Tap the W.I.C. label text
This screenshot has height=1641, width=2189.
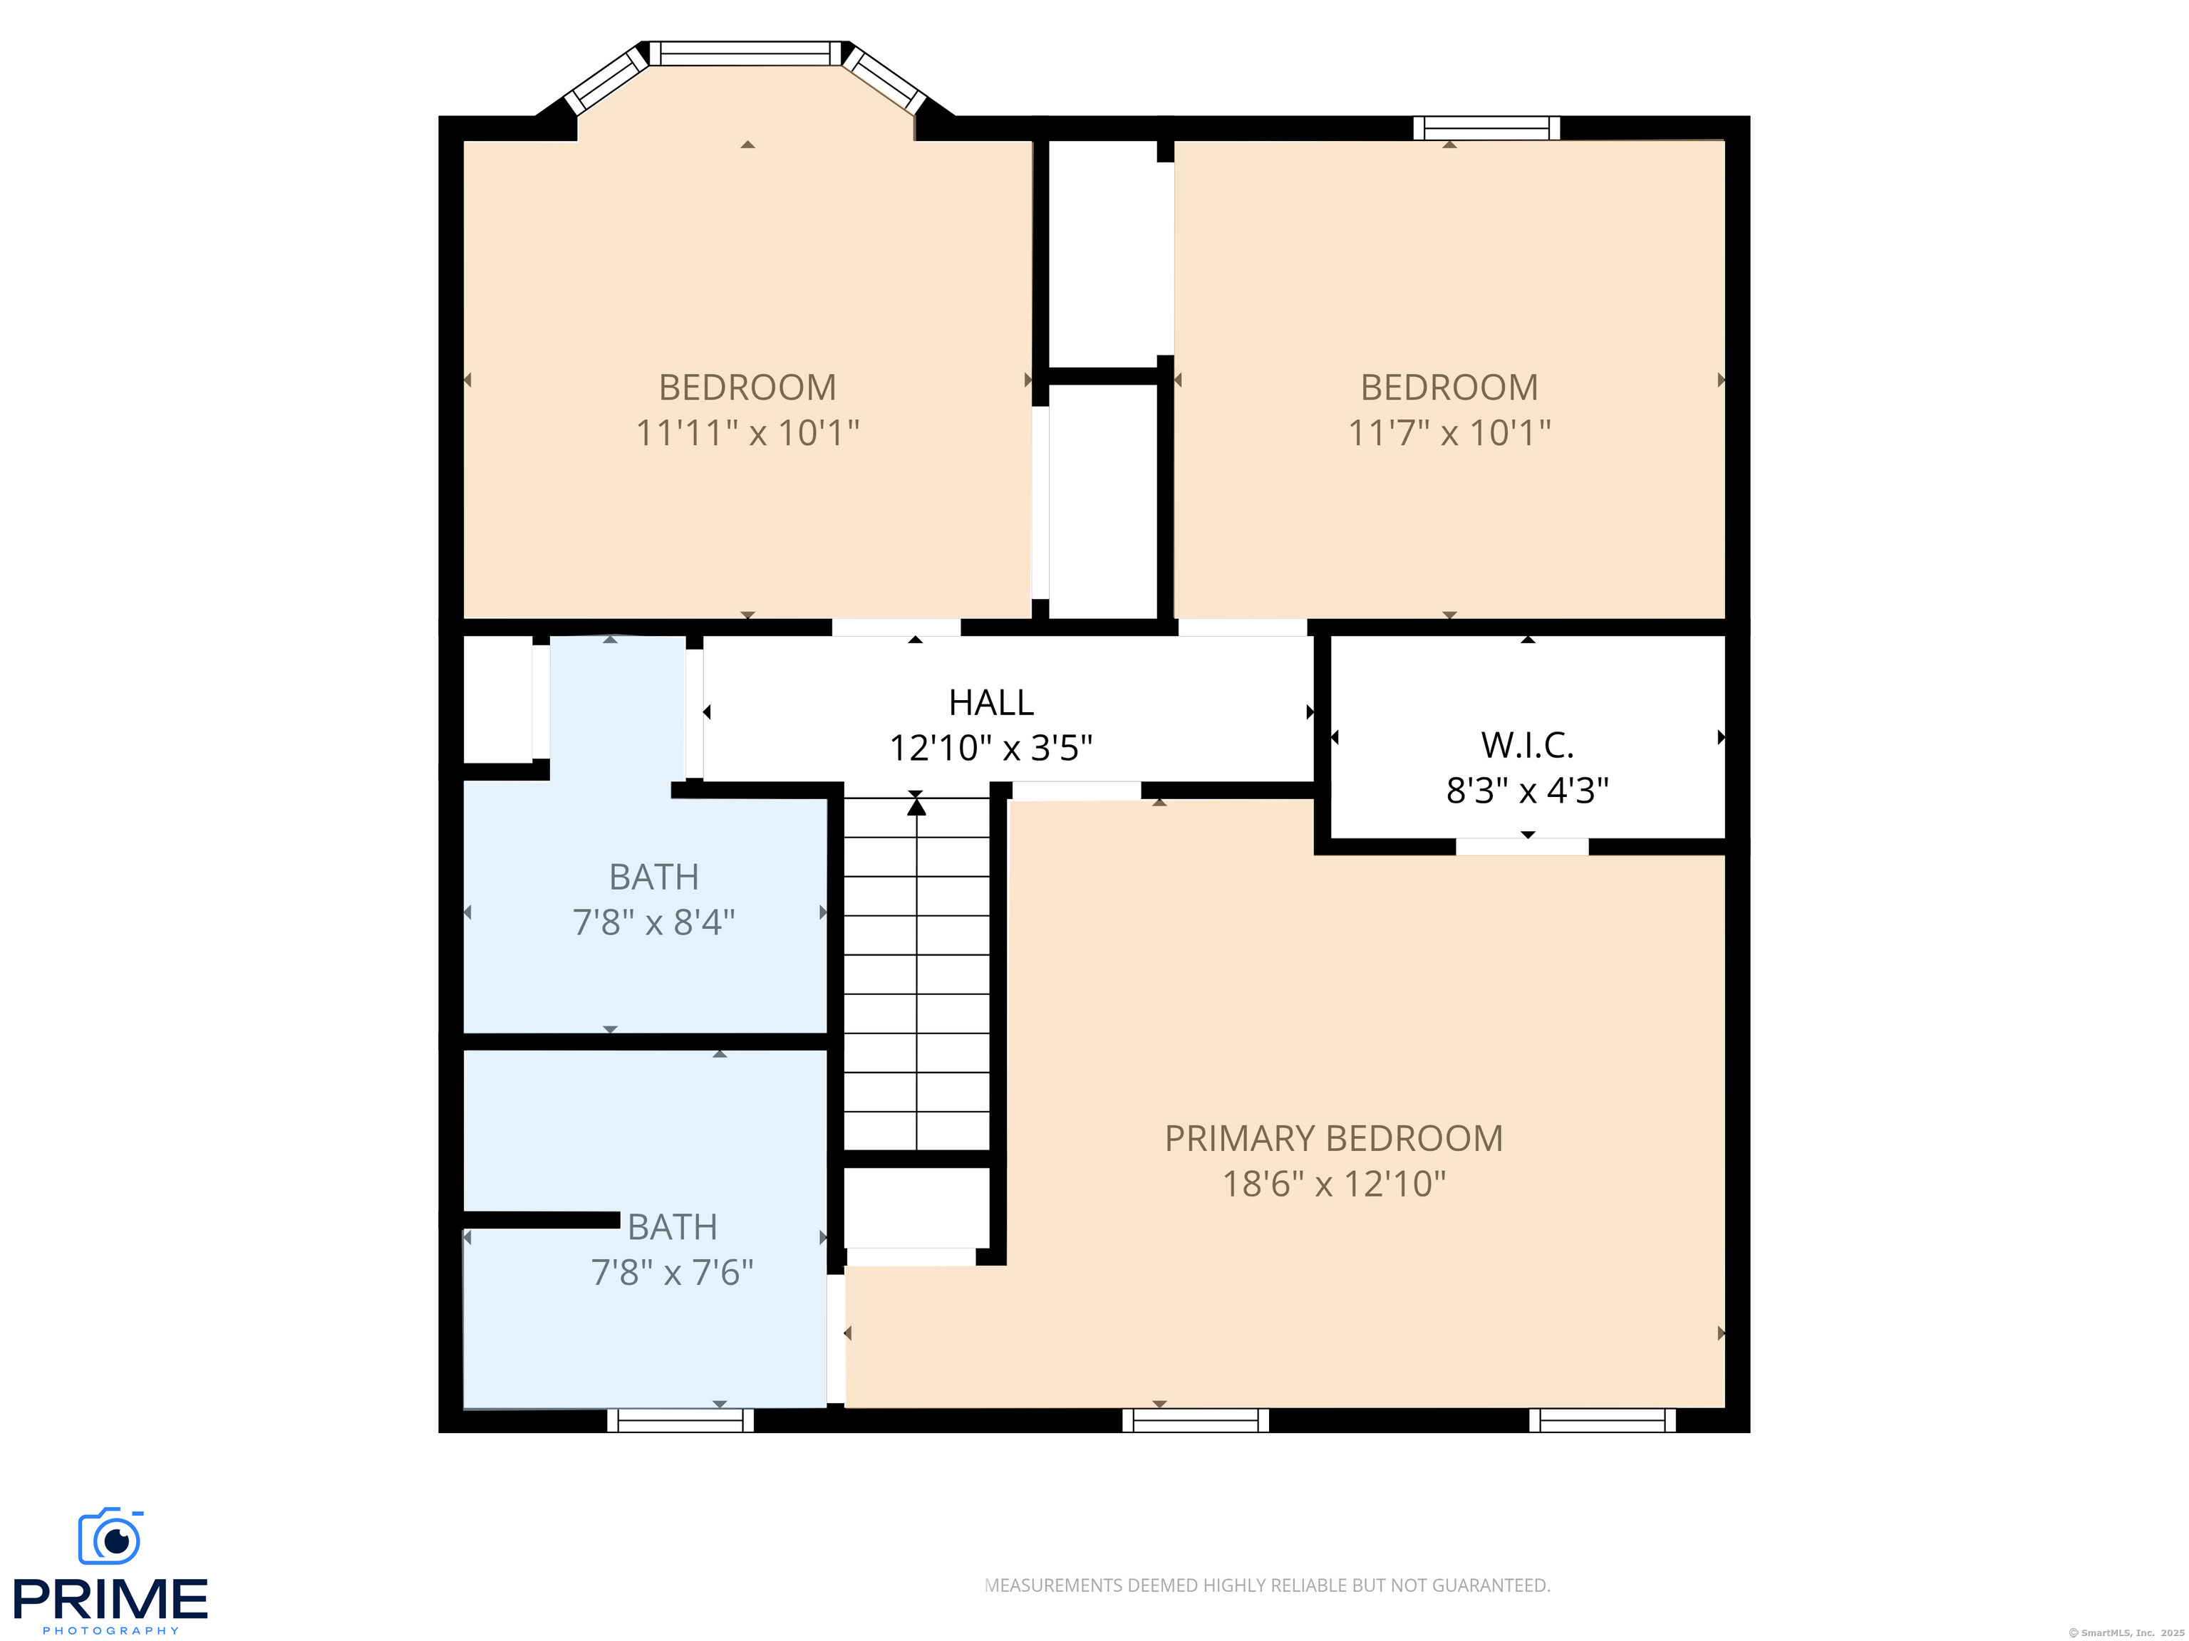click(x=1527, y=745)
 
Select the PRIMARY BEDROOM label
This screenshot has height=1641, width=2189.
click(x=1334, y=1138)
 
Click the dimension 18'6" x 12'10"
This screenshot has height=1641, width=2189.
click(x=1334, y=1184)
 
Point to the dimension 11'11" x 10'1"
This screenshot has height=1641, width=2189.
click(x=747, y=433)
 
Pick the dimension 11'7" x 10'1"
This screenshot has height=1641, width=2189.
click(x=1450, y=433)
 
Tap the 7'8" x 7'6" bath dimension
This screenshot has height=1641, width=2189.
click(x=672, y=1273)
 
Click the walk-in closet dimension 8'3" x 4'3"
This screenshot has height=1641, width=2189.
click(x=1527, y=791)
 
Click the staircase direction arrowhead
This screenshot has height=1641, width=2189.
click(x=916, y=807)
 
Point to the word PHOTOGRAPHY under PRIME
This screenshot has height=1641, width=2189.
click(x=111, y=1631)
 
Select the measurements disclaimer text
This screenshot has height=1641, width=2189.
click(x=1268, y=1585)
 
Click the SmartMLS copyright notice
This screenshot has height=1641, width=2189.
click(x=2127, y=1633)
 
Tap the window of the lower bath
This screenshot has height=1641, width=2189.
click(x=680, y=1420)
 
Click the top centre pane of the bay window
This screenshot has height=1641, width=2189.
click(x=747, y=53)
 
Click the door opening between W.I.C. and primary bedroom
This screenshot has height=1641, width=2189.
click(x=1522, y=847)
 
